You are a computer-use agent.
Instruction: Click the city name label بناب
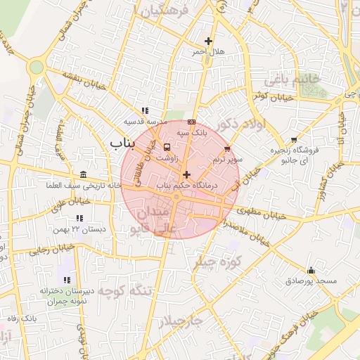pyautogui.click(x=122, y=143)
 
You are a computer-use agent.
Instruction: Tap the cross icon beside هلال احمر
pyautogui.click(x=207, y=41)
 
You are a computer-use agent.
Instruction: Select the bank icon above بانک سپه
pyautogui.click(x=191, y=122)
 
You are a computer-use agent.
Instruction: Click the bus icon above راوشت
pyautogui.click(x=167, y=148)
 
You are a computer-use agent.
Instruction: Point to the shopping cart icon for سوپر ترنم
pyautogui.click(x=227, y=149)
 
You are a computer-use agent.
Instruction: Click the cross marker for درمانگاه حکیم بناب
pyautogui.click(x=186, y=174)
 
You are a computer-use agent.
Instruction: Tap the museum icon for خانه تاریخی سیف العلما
pyautogui.click(x=84, y=174)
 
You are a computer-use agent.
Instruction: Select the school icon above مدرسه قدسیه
pyautogui.click(x=144, y=110)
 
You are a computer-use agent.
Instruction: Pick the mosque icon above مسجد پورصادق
pyautogui.click(x=311, y=270)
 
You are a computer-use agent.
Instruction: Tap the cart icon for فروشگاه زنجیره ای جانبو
pyautogui.click(x=294, y=140)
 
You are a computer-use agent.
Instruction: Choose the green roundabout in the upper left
pyautogui.click(x=37, y=67)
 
